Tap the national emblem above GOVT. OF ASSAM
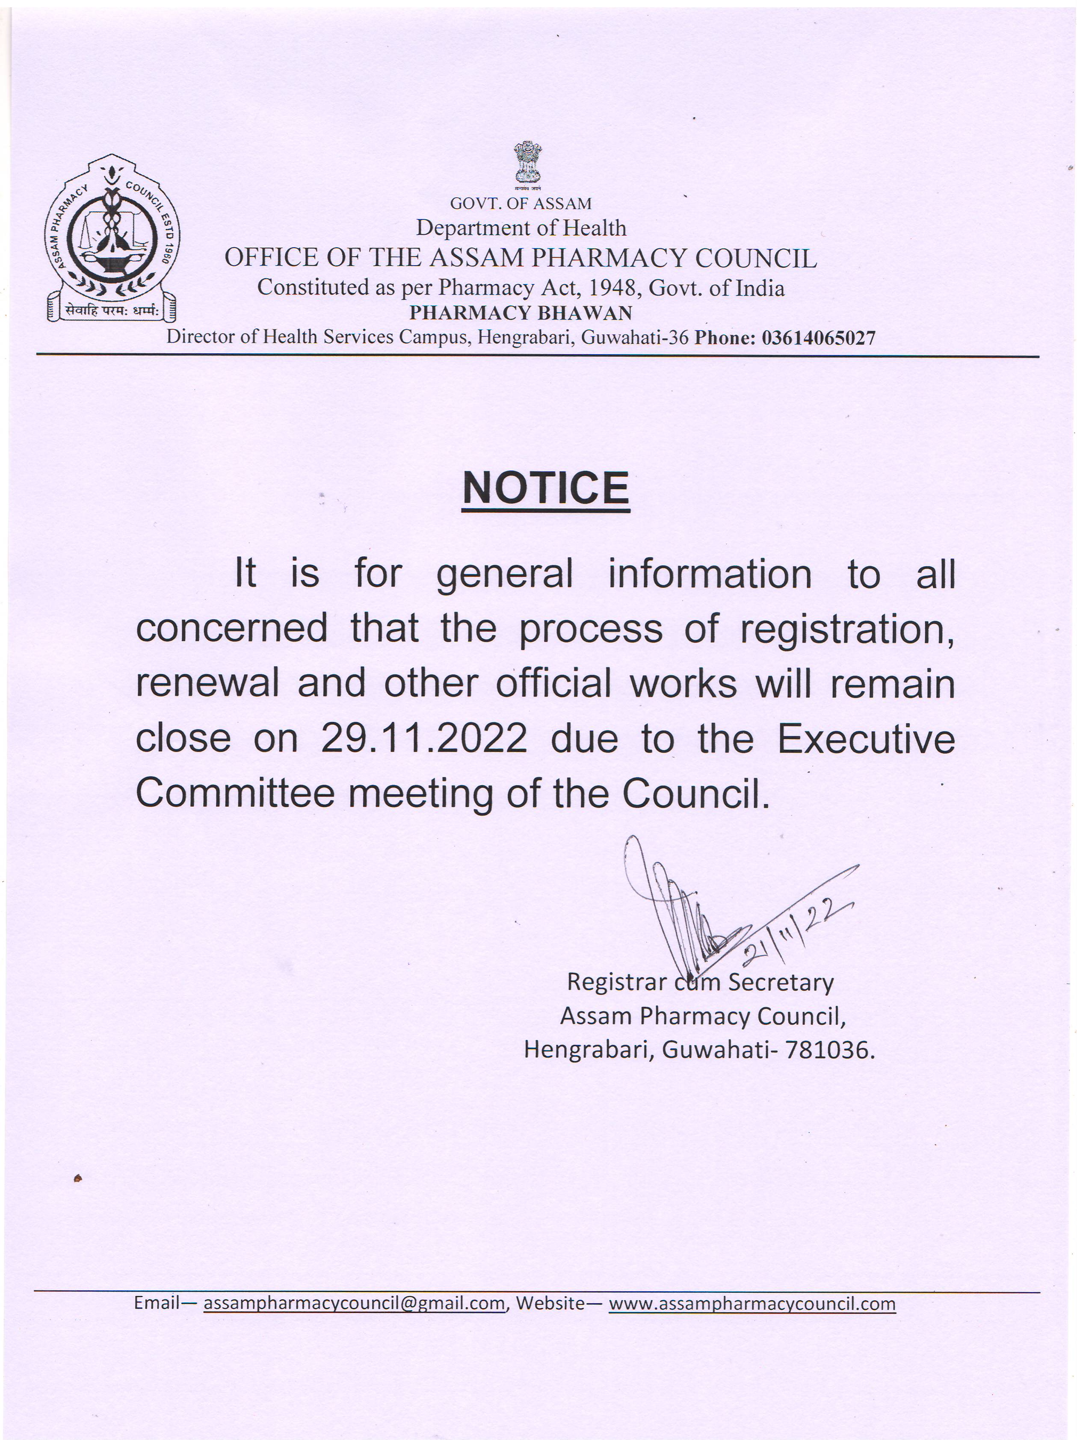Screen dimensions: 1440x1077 (x=527, y=163)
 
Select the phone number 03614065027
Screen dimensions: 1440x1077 (x=819, y=338)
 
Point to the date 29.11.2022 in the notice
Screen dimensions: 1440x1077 (x=424, y=739)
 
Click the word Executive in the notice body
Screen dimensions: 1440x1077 (x=866, y=739)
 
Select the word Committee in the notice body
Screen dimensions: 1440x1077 (x=234, y=794)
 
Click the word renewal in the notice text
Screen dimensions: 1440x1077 (x=207, y=684)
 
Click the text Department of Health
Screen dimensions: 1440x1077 (x=521, y=228)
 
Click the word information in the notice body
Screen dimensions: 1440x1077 (x=710, y=575)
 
